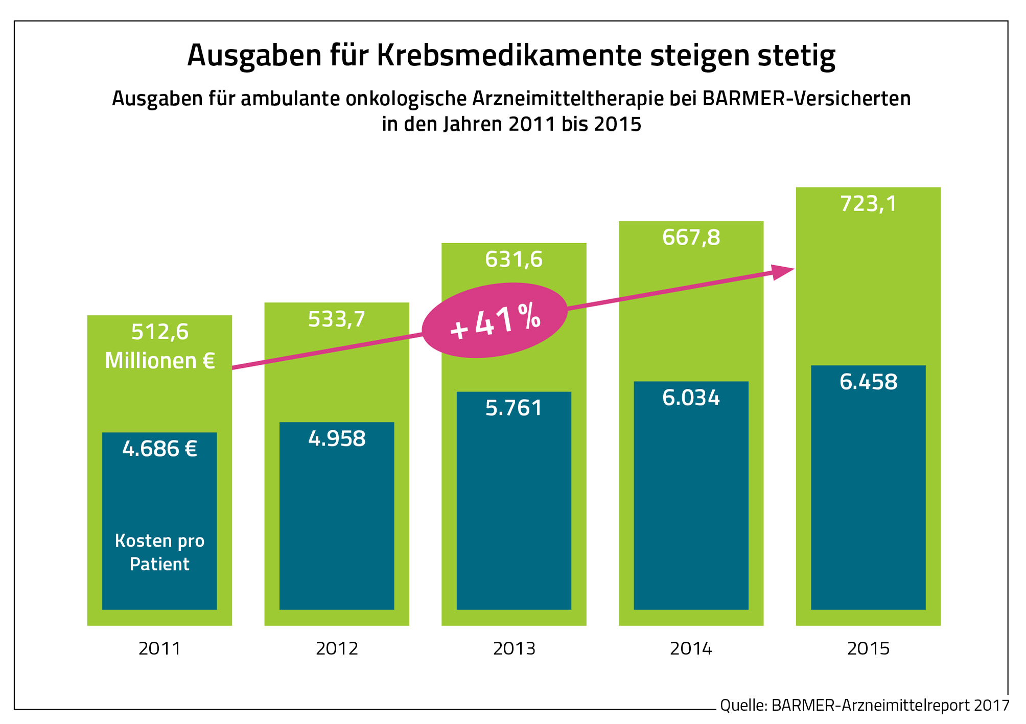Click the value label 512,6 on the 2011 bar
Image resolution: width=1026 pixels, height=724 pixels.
[160, 332]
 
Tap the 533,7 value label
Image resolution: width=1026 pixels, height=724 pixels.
[337, 319]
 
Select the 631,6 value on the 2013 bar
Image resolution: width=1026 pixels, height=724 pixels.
[514, 260]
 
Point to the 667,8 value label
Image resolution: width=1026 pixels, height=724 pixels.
[691, 238]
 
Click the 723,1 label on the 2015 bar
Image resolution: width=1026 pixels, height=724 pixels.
[868, 204]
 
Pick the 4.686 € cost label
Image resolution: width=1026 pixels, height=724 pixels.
[160, 449]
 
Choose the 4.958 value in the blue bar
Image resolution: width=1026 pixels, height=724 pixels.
[337, 439]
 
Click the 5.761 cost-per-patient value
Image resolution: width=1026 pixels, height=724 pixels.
[514, 408]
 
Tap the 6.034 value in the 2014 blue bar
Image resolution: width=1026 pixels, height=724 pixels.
[691, 398]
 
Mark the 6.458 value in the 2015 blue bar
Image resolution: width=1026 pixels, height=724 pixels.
[868, 382]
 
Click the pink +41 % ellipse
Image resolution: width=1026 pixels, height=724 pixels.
[495, 320]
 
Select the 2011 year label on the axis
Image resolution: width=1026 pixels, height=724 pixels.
[160, 649]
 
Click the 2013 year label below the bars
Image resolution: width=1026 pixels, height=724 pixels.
[514, 649]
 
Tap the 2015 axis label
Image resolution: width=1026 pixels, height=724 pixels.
[868, 649]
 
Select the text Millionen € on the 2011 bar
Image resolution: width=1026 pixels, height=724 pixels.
[160, 361]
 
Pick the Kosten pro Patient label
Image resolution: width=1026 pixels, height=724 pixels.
[160, 552]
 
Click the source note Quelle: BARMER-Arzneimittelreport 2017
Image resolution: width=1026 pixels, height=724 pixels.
[865, 706]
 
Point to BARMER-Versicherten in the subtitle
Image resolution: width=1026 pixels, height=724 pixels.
[806, 99]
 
